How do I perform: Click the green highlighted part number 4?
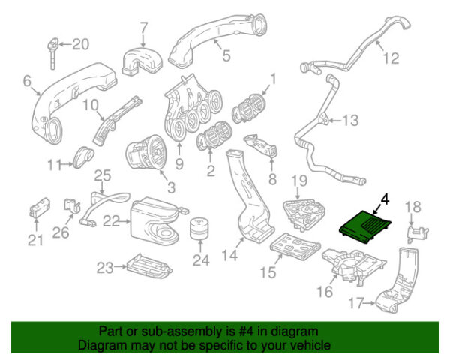pos(367,225)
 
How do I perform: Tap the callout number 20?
pos(79,44)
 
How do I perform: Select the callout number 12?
pos(388,58)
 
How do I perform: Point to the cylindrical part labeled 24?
pos(199,233)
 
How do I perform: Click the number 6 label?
pos(28,81)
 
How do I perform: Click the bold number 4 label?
pos(385,199)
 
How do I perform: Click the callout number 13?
pos(351,119)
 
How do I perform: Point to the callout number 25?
pos(101,176)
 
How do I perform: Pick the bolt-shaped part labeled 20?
pos(52,49)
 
